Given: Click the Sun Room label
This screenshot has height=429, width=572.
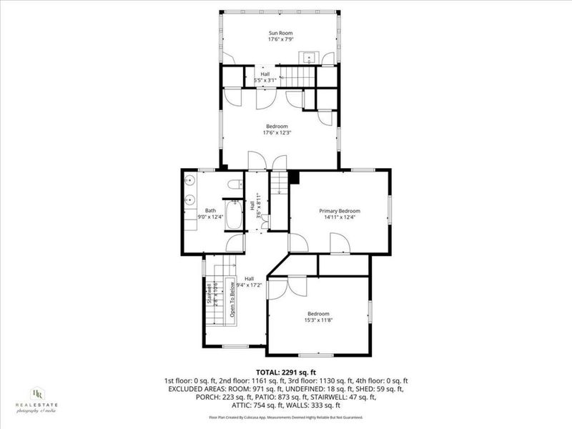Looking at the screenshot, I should click(x=278, y=33).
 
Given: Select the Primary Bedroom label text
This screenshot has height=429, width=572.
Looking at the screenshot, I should click(x=340, y=211).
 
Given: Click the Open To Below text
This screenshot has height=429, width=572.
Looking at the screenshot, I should click(x=232, y=300).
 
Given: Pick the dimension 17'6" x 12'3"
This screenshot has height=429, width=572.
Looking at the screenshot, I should click(x=277, y=134).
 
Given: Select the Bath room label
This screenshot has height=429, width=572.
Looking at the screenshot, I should click(x=210, y=210).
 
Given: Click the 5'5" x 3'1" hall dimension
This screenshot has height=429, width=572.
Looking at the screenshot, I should click(x=265, y=80).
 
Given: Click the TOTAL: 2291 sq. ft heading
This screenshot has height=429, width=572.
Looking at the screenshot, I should click(x=285, y=372).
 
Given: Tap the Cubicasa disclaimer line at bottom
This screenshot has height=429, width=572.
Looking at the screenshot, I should click(x=285, y=417).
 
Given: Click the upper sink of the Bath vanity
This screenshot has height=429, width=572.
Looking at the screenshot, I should click(x=190, y=179).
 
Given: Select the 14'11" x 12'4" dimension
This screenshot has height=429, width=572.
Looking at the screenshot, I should click(x=340, y=218).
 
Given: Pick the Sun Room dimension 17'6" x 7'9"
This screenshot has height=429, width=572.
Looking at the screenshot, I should click(x=278, y=40).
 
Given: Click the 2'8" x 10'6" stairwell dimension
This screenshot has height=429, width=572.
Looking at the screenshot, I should click(x=215, y=294).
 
